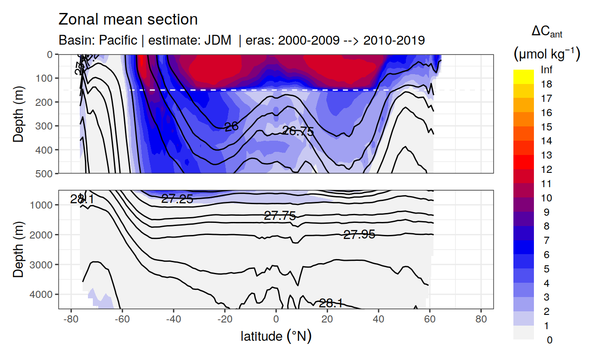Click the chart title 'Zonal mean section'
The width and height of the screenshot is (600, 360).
[x=128, y=20]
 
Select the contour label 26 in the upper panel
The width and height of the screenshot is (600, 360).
[x=231, y=127]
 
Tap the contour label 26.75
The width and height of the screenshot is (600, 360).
[x=298, y=131]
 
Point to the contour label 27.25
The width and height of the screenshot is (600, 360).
[x=177, y=199]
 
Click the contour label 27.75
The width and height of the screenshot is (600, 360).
[x=280, y=216]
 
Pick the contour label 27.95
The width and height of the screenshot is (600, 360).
[x=359, y=234]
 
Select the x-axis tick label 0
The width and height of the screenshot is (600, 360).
[x=276, y=321]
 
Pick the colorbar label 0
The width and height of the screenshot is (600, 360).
[x=549, y=340]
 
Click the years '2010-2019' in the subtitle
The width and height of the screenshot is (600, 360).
[x=394, y=40]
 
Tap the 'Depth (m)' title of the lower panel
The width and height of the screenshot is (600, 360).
[x=18, y=249]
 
